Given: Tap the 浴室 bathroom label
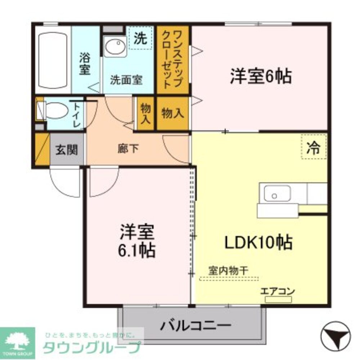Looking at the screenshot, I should [x=85, y=64].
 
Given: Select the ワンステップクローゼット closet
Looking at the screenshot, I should [x=172, y=59].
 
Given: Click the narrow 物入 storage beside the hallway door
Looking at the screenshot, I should [x=145, y=114].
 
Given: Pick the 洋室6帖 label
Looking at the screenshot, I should [x=261, y=76].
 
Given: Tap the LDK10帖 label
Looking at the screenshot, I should [x=258, y=243].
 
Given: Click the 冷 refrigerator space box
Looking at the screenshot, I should [x=314, y=147].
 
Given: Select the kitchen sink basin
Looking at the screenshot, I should [x=277, y=194].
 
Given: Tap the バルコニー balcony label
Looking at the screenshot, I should [x=195, y=327].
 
